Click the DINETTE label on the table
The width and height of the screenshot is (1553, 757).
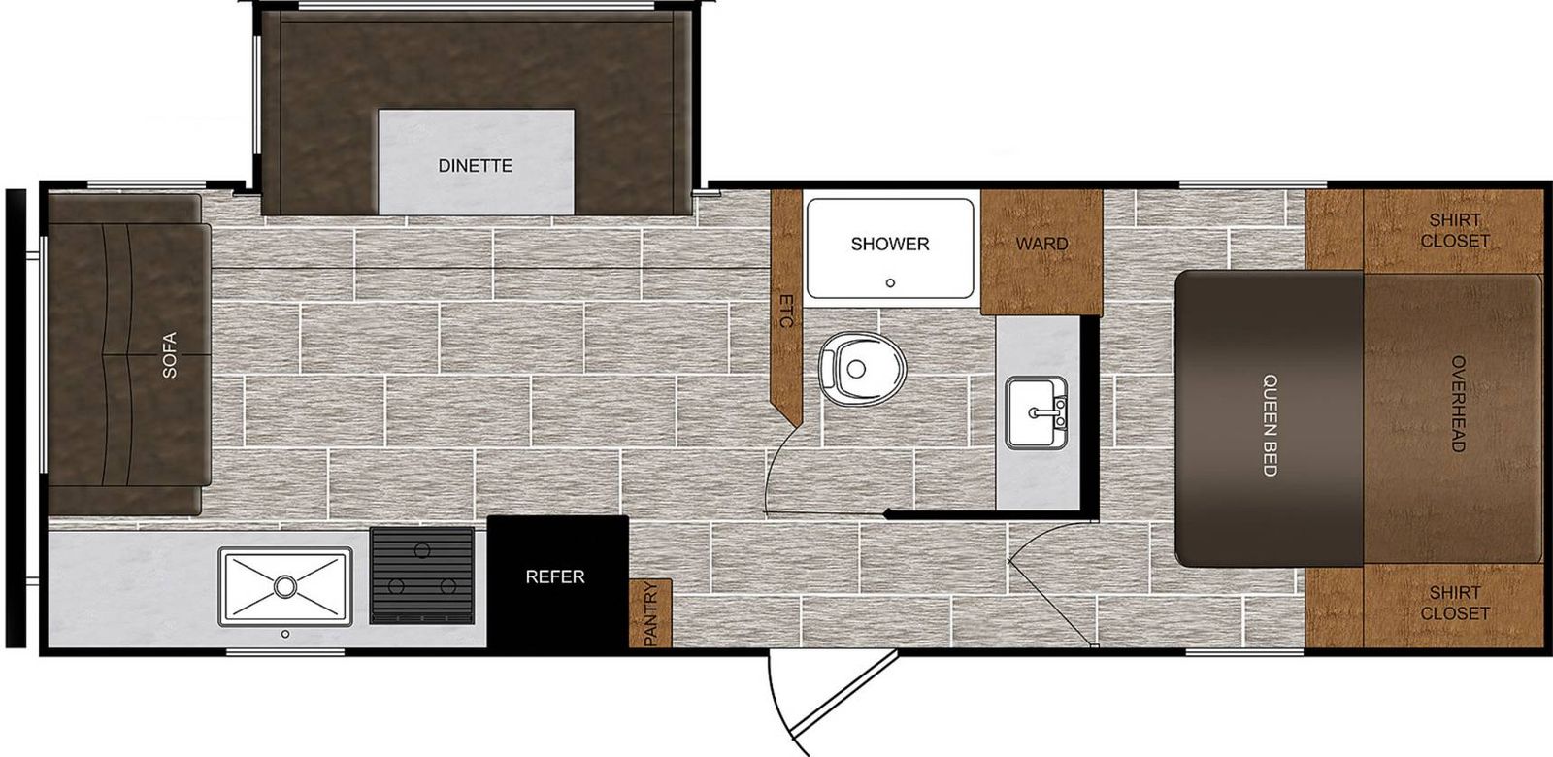(x=475, y=166)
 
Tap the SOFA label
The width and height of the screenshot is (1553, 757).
(x=169, y=355)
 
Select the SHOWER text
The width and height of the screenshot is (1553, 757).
(x=889, y=244)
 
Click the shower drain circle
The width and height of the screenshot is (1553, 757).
(x=890, y=282)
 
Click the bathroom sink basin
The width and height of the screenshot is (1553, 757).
(x=1036, y=412)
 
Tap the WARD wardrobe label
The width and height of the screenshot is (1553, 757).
(x=1041, y=244)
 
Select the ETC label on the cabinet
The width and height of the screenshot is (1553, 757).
(x=786, y=311)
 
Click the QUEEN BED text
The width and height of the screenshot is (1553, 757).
(x=1270, y=425)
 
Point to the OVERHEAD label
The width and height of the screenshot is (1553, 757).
(x=1458, y=404)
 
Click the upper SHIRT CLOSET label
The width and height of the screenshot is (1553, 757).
(x=1455, y=230)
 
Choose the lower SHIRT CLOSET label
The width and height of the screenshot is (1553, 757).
(x=1455, y=603)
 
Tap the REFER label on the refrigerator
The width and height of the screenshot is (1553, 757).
(x=554, y=576)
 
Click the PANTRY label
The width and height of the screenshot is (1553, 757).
(x=650, y=615)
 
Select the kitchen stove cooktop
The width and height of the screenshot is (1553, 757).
(x=422, y=576)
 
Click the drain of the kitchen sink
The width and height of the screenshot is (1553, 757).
(x=284, y=586)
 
